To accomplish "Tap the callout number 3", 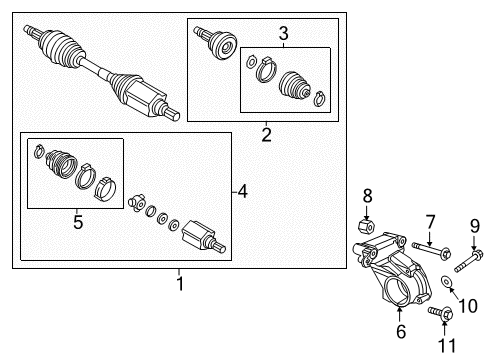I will coord(283,34).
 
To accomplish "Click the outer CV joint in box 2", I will coord(215,43).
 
